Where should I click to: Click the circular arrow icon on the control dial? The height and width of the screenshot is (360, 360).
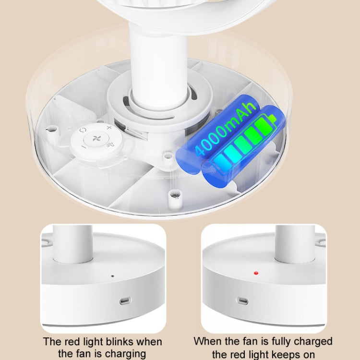pos(83,130)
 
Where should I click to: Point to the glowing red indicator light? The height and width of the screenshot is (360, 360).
pos(256,273)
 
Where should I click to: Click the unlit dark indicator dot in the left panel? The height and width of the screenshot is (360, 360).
pos(112,276)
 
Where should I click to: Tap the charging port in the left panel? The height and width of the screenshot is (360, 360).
pos(124,301)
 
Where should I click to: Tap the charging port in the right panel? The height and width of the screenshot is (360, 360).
pos(242,301)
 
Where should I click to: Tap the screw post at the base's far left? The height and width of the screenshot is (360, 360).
pos(52,129)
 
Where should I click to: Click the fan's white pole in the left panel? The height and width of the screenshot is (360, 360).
pos(73,242)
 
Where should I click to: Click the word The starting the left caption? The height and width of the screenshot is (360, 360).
pos(52,342)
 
